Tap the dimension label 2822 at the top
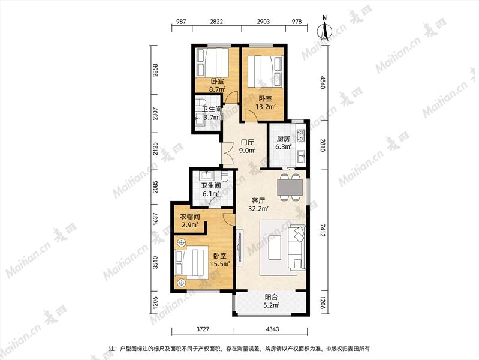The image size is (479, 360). pos(216,22)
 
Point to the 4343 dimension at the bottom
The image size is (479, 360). pos(272,329)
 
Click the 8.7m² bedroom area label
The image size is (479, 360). pos(217,89)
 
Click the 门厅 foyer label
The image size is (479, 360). pos(248,142)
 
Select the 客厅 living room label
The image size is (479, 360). pos(258,200)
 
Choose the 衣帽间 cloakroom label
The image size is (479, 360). pos(189,217)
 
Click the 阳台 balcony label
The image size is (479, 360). pos(271,296)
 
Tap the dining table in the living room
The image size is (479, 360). pos(290,187)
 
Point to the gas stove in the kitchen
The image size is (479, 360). pos(301,136)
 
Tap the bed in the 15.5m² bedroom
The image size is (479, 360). pos(192,262)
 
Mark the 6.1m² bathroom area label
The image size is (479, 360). pos(211,194)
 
